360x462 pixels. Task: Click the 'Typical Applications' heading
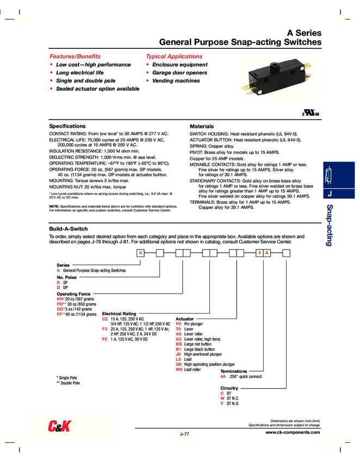point(173,57)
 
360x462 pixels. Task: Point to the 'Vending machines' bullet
point(175,80)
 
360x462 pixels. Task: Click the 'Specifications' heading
point(67,126)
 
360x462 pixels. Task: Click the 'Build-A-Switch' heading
point(69,229)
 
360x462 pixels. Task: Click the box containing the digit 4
point(259,253)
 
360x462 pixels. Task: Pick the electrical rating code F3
point(104,329)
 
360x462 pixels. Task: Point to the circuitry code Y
point(222,403)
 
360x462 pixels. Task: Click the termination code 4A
point(223,376)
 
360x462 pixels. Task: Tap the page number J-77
point(184,434)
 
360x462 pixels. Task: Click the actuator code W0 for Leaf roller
point(179,369)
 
